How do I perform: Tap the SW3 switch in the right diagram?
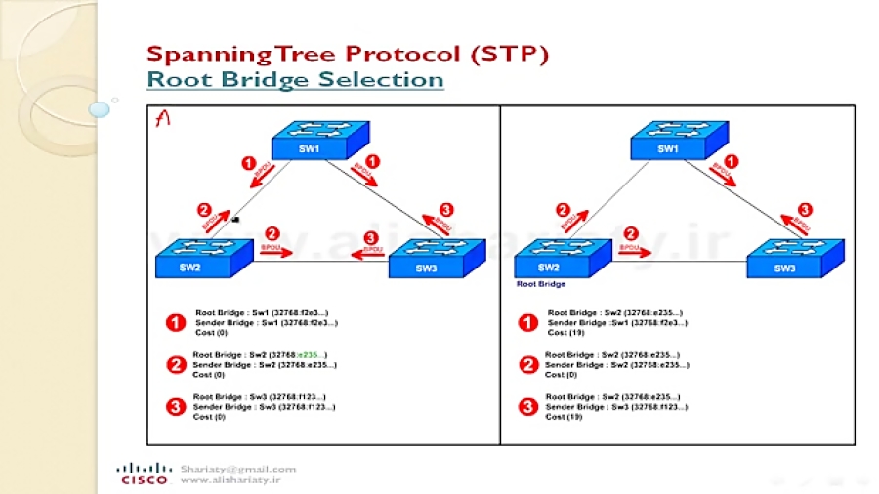[785, 261]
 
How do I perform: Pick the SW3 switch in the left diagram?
[428, 261]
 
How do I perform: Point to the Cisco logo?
[143, 473]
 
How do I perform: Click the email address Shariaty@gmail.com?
[237, 469]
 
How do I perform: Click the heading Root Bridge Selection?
[295, 79]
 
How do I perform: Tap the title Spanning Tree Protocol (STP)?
[347, 53]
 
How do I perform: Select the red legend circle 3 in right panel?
[528, 407]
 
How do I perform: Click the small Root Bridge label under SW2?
[540, 286]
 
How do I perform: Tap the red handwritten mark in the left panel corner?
[164, 118]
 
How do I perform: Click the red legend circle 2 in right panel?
[528, 364]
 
